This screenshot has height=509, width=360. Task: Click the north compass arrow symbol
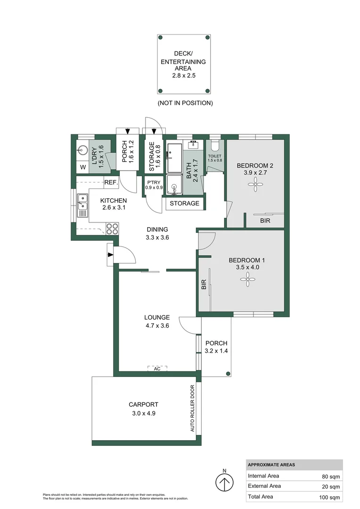pos(224,482)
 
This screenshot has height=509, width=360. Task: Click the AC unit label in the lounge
pos(157,369)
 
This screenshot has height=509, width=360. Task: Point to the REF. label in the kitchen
pos(111,182)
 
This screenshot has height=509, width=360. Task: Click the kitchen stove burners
pos(112,229)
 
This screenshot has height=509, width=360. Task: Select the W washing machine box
pos(83,167)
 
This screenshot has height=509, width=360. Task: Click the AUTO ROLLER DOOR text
pos(192,408)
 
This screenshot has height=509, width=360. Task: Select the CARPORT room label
pos(143,404)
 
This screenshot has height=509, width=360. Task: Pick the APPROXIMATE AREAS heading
pos(271,465)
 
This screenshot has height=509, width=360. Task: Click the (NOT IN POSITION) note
pos(185,103)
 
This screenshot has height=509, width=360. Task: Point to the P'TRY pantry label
pos(154,182)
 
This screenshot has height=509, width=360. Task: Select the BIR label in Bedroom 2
pos(265,220)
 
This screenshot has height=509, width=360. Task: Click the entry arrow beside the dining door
pos(110,255)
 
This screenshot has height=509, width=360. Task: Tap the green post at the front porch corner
pos(228,374)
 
